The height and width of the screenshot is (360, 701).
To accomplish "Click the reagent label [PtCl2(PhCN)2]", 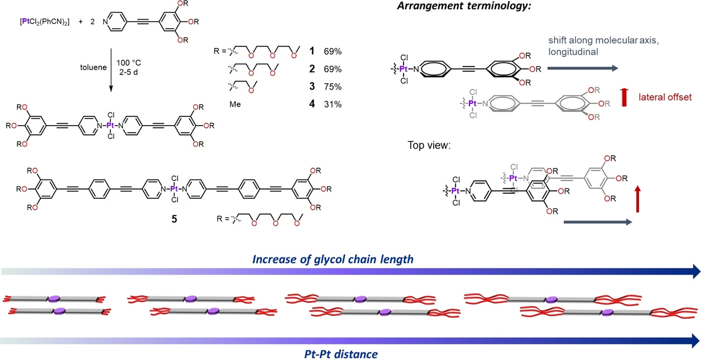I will [x=38, y=22].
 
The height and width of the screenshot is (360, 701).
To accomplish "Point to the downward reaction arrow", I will [x=110, y=68].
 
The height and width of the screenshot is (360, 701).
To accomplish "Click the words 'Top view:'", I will [x=429, y=145].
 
